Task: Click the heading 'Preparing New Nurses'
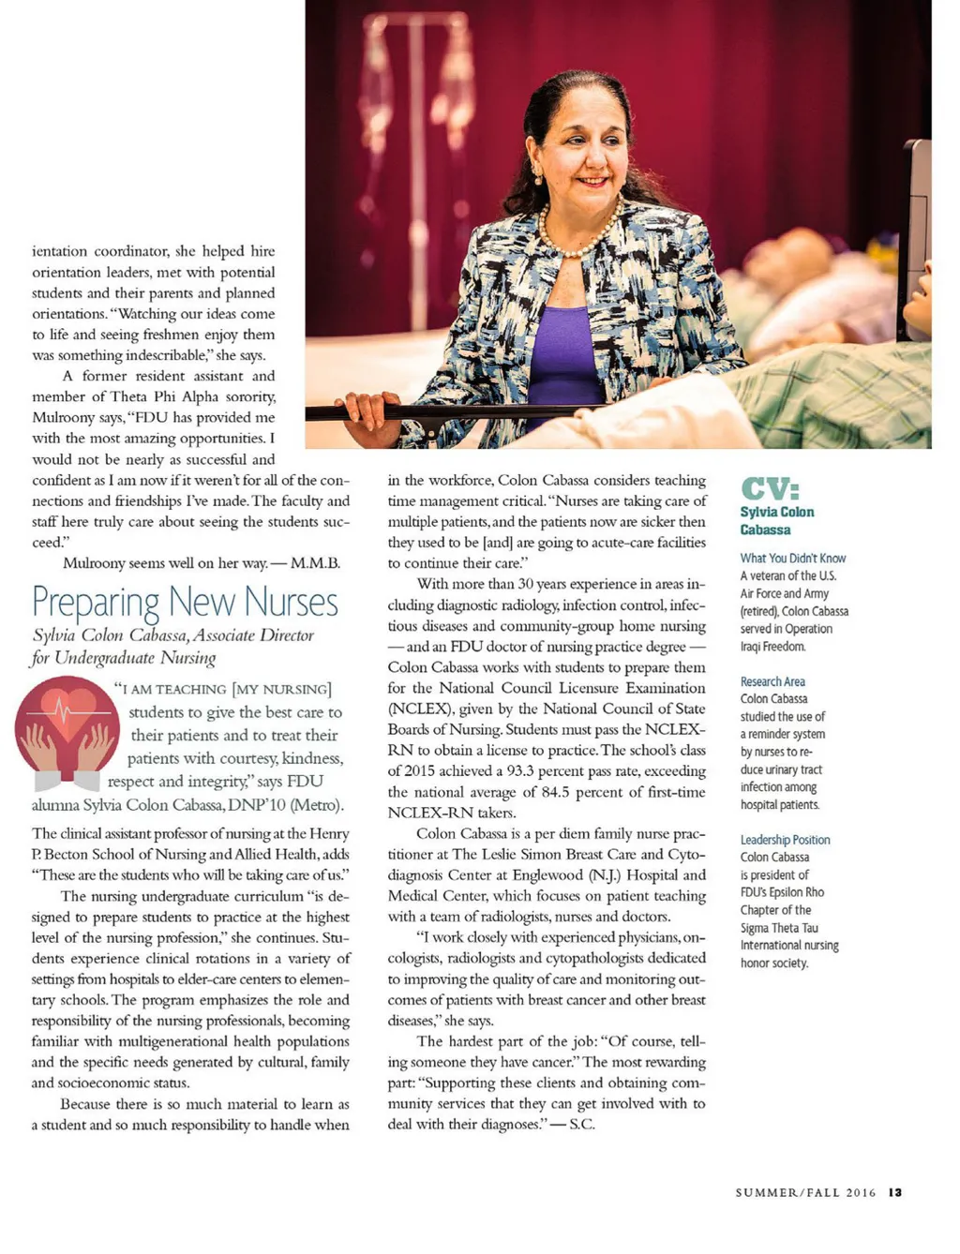(x=185, y=602)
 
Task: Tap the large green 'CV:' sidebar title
(x=771, y=488)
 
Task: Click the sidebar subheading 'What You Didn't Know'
(x=793, y=558)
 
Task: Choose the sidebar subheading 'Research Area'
(x=772, y=681)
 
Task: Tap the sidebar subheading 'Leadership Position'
(x=785, y=840)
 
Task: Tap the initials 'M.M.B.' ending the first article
(x=315, y=563)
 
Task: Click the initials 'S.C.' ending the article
(x=581, y=1124)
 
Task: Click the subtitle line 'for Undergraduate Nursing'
(x=124, y=658)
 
